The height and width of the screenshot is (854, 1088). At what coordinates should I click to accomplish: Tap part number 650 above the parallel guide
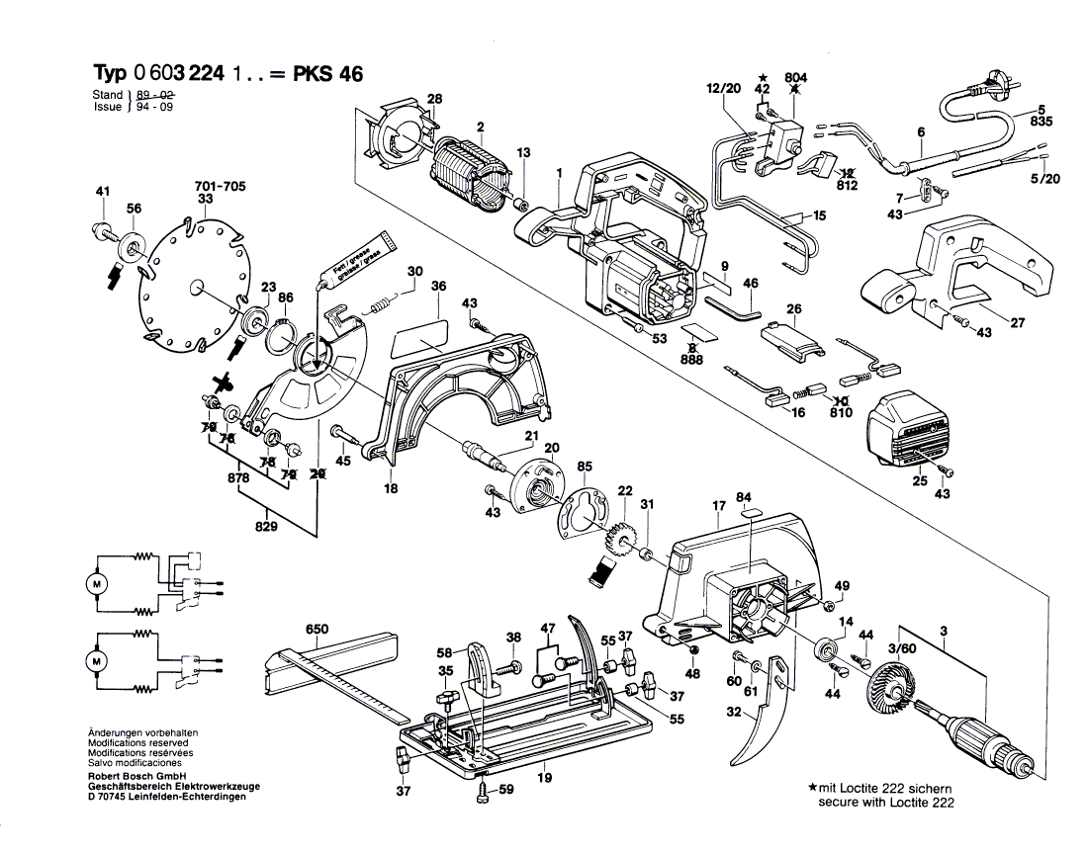317,630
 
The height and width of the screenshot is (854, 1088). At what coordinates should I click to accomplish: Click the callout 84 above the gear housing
744,496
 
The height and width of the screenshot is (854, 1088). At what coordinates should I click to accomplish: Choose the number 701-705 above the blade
221,185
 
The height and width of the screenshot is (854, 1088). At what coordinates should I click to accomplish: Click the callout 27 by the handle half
1017,322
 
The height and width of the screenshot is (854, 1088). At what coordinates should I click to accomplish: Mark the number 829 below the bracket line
265,527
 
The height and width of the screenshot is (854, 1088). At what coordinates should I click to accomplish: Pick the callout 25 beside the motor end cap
921,480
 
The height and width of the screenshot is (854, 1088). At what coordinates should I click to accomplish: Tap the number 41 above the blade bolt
102,191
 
